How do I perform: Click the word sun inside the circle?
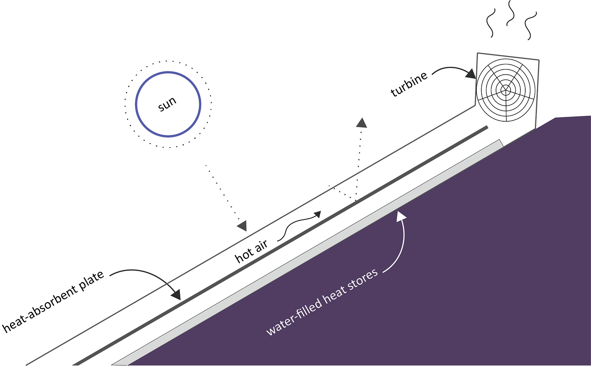coord(167,104)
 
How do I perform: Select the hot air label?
coord(251,252)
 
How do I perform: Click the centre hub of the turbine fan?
coord(506,89)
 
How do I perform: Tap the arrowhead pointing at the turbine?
coord(471,74)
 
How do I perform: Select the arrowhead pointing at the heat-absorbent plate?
coord(176,295)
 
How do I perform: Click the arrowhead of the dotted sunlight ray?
coord(242,226)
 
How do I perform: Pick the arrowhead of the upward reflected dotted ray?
coord(362,122)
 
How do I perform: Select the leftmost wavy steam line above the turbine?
coord(491,23)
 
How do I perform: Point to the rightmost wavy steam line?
coord(530,26)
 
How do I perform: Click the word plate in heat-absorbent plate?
coord(91,281)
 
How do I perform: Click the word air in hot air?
coord(261,246)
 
